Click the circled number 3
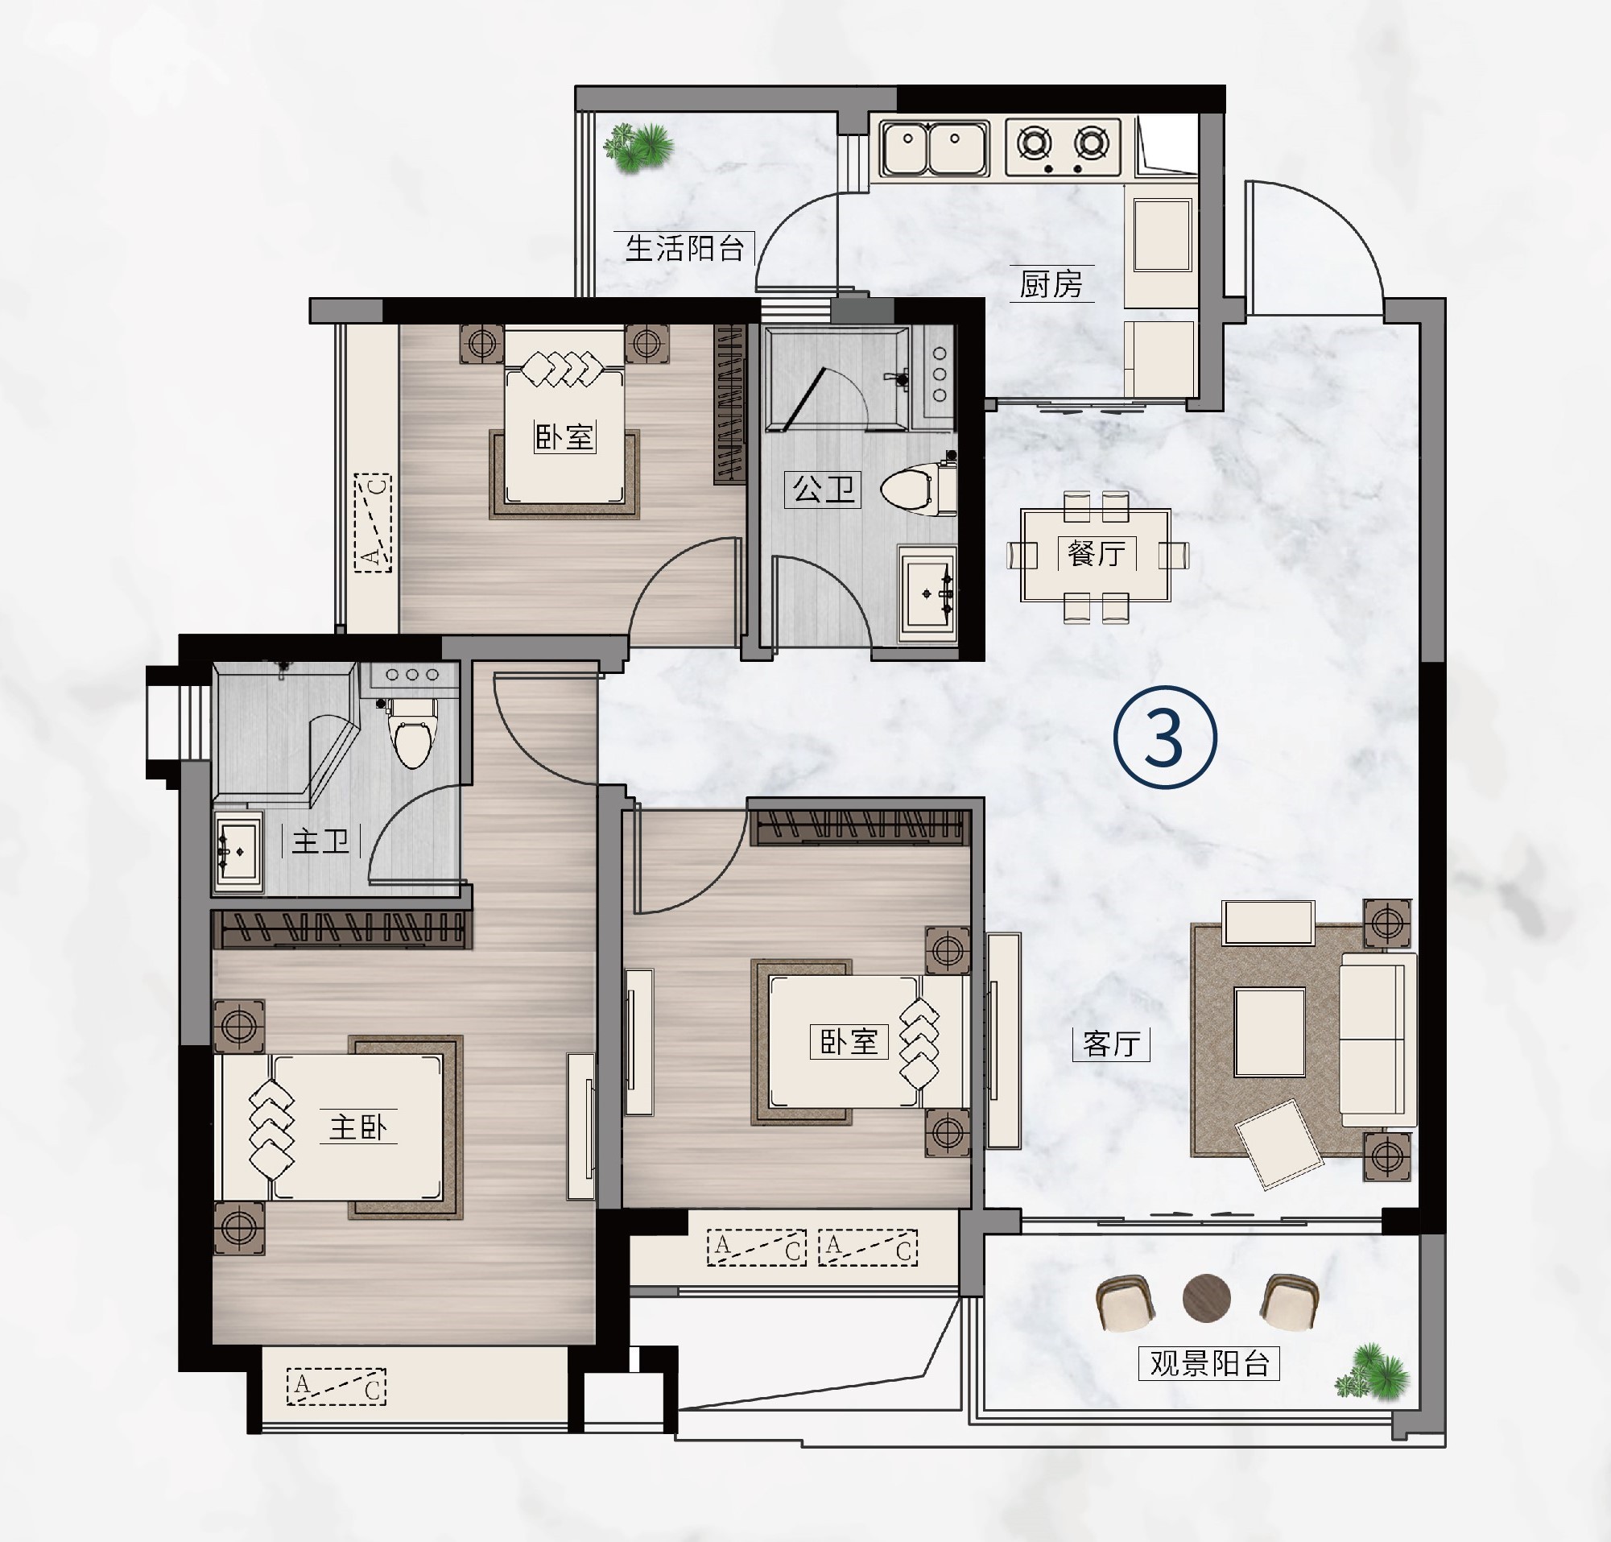[1165, 738]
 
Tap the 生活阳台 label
[684, 247]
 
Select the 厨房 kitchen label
[1051, 284]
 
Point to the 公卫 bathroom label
[823, 489]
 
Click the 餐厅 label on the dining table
[1097, 553]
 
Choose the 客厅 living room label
[1111, 1044]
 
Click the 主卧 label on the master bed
[358, 1127]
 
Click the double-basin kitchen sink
[934, 149]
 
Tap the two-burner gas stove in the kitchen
[1063, 147]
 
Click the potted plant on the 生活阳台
[638, 147]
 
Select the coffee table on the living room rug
[1269, 1032]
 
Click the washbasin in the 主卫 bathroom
[238, 853]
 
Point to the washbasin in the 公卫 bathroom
[928, 592]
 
